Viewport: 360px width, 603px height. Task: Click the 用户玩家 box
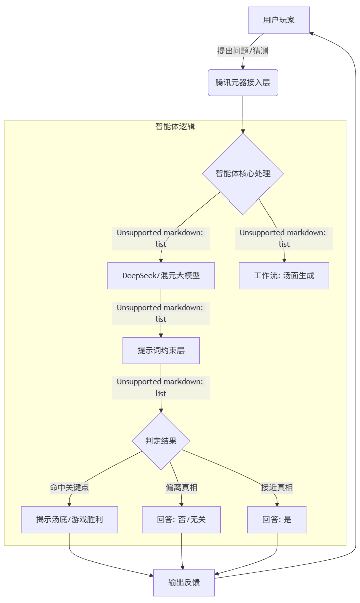pos(279,20)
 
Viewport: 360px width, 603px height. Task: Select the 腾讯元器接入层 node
pos(243,82)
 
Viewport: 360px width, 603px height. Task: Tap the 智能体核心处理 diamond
pos(243,173)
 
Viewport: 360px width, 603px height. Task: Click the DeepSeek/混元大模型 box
pos(161,275)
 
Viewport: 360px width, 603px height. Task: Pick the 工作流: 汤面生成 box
pos(284,275)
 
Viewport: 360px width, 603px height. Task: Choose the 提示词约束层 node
pos(161,350)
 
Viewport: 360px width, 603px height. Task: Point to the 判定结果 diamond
pos(161,441)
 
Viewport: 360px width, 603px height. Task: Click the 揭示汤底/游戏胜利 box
pos(69,519)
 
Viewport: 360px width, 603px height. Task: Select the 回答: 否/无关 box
pos(181,519)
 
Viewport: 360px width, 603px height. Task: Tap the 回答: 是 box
pos(277,519)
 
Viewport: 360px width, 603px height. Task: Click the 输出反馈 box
pos(184,582)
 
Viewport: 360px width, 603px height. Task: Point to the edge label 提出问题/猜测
pos(246,51)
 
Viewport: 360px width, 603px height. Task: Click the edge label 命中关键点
pos(69,487)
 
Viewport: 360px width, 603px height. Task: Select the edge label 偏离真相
pos(181,487)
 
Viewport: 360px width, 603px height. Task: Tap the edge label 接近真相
pos(277,487)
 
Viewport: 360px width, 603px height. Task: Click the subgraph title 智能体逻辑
pos(175,126)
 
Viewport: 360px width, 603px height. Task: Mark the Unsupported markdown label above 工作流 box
pos(284,238)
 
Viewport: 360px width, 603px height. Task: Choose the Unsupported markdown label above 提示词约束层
pos(161,313)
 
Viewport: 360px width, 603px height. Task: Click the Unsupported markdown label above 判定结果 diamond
pos(161,387)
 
